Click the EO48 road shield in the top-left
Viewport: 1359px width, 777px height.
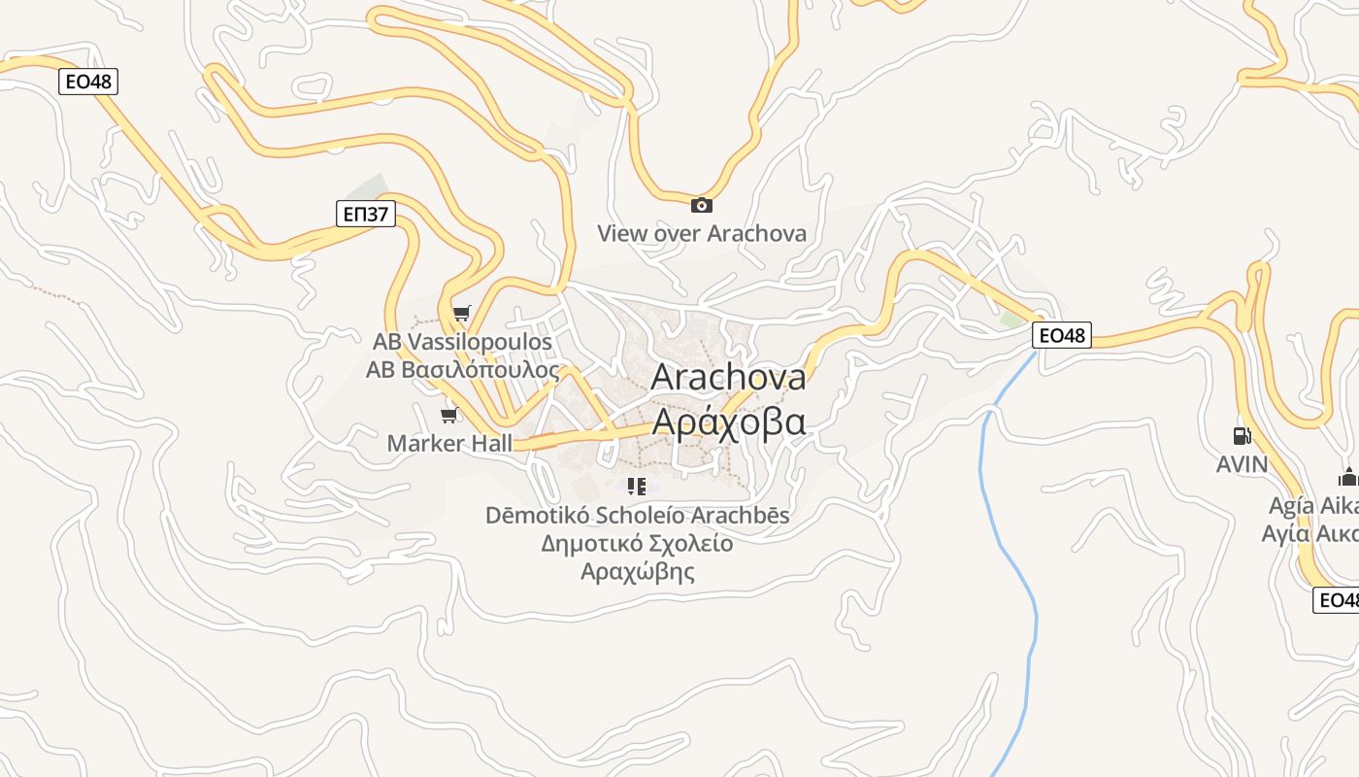[88, 82]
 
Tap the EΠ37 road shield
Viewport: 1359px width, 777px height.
[366, 214]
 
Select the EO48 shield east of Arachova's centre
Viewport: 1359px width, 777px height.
[1061, 336]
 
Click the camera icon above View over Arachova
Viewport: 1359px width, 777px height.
[701, 205]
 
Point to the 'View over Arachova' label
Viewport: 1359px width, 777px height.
[701, 233]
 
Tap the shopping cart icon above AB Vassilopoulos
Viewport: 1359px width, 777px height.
[462, 313]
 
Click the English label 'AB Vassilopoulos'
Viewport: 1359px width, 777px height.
[462, 342]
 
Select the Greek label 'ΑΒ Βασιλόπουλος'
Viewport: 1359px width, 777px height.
[462, 370]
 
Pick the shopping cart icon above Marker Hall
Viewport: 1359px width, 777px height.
[448, 416]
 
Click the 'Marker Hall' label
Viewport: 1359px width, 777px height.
[448, 444]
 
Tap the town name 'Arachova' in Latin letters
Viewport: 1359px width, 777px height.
[728, 377]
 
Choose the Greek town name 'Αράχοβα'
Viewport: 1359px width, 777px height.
[728, 422]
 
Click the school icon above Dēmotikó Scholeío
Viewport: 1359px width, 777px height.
[637, 487]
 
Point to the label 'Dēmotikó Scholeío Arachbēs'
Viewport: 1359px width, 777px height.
[637, 515]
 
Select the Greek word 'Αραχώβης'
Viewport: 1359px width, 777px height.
[637, 571]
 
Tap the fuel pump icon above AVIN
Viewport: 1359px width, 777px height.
[1242, 436]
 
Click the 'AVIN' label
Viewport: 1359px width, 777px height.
[1242, 464]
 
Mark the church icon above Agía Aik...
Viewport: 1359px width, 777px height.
[1347, 477]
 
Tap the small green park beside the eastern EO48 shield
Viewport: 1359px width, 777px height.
[1013, 319]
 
